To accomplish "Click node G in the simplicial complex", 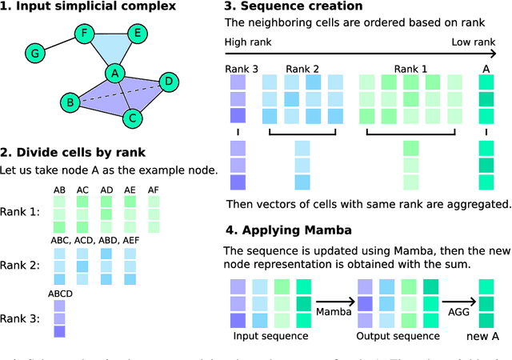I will [34, 54].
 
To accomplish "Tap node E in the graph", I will [136, 34].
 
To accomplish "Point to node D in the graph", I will [168, 82].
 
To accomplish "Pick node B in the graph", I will [70, 102].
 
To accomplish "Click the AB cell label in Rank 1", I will [60, 190].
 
